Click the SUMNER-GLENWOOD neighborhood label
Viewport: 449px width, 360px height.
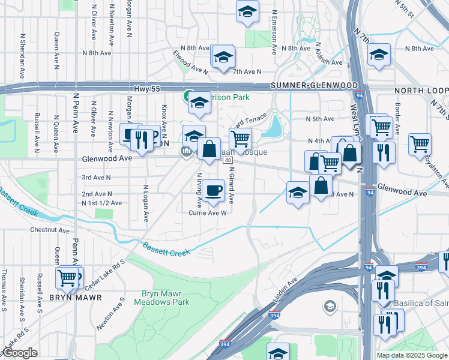pyautogui.click(x=314, y=86)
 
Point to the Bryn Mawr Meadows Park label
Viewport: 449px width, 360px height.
pyautogui.click(x=165, y=298)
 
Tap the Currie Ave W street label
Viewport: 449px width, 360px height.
pyautogui.click(x=207, y=212)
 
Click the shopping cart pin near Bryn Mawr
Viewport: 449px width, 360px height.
pyautogui.click(x=68, y=278)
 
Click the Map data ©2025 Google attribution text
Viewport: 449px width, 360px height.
pyautogui.click(x=412, y=355)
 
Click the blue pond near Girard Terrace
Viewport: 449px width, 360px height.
pyautogui.click(x=274, y=127)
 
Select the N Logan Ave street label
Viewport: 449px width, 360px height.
pyautogui.click(x=145, y=203)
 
